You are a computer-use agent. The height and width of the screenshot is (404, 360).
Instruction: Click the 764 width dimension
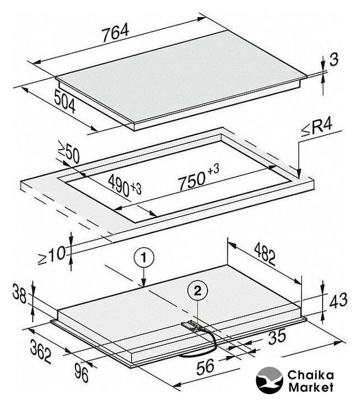click(115, 32)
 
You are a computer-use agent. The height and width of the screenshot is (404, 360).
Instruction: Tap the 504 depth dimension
click(65, 101)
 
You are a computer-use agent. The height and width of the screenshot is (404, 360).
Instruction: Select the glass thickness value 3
click(334, 59)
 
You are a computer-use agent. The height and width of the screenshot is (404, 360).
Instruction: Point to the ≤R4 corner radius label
click(317, 127)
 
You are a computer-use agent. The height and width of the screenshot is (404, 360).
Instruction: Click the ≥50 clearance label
click(69, 152)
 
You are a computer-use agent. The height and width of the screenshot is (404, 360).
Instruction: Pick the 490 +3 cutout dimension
click(125, 186)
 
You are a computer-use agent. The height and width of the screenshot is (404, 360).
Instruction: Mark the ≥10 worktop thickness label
click(52, 255)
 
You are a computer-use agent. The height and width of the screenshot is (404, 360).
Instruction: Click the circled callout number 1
click(144, 258)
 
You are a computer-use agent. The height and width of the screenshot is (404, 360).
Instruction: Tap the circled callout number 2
click(197, 291)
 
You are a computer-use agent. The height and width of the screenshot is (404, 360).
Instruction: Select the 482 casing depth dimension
click(265, 254)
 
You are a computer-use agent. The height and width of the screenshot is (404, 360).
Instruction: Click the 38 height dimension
click(20, 294)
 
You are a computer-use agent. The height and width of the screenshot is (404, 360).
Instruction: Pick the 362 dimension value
click(40, 351)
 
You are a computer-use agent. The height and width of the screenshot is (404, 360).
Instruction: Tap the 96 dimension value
click(81, 372)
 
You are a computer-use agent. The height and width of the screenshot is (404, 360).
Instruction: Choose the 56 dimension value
click(205, 367)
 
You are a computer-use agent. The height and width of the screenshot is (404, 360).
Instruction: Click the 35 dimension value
click(277, 337)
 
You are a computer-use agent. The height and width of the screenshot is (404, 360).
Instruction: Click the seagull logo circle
click(269, 380)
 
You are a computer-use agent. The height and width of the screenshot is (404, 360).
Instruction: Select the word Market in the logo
click(311, 387)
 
